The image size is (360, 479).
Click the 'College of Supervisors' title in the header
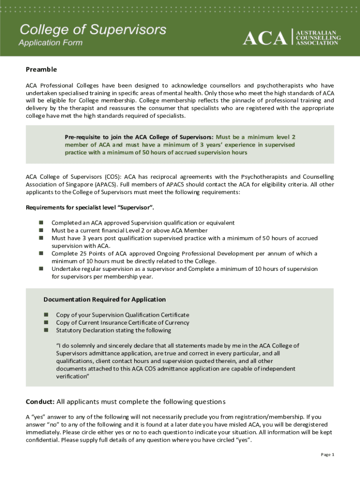click(x=92, y=30)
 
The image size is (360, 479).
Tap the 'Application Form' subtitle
click(x=50, y=43)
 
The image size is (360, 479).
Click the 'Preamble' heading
click(x=41, y=69)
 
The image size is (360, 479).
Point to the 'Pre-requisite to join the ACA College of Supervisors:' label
click(x=139, y=137)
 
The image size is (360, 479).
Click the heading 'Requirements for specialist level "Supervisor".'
click(x=90, y=207)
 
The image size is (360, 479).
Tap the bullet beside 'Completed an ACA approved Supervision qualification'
click(x=41, y=223)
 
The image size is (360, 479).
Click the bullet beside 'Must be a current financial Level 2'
click(x=41, y=230)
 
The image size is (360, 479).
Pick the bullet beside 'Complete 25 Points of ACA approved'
click(x=41, y=254)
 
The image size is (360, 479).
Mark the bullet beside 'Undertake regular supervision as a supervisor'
click(x=41, y=269)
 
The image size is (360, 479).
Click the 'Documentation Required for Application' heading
click(x=105, y=299)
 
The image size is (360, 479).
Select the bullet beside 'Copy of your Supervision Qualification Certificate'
click(x=46, y=315)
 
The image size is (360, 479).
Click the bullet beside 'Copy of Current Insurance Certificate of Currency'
click(x=46, y=322)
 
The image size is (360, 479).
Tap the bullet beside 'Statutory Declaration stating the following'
click(x=46, y=330)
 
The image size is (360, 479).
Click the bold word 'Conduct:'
click(x=40, y=402)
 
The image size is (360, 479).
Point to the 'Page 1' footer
click(x=327, y=455)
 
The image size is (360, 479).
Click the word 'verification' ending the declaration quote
click(x=72, y=376)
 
